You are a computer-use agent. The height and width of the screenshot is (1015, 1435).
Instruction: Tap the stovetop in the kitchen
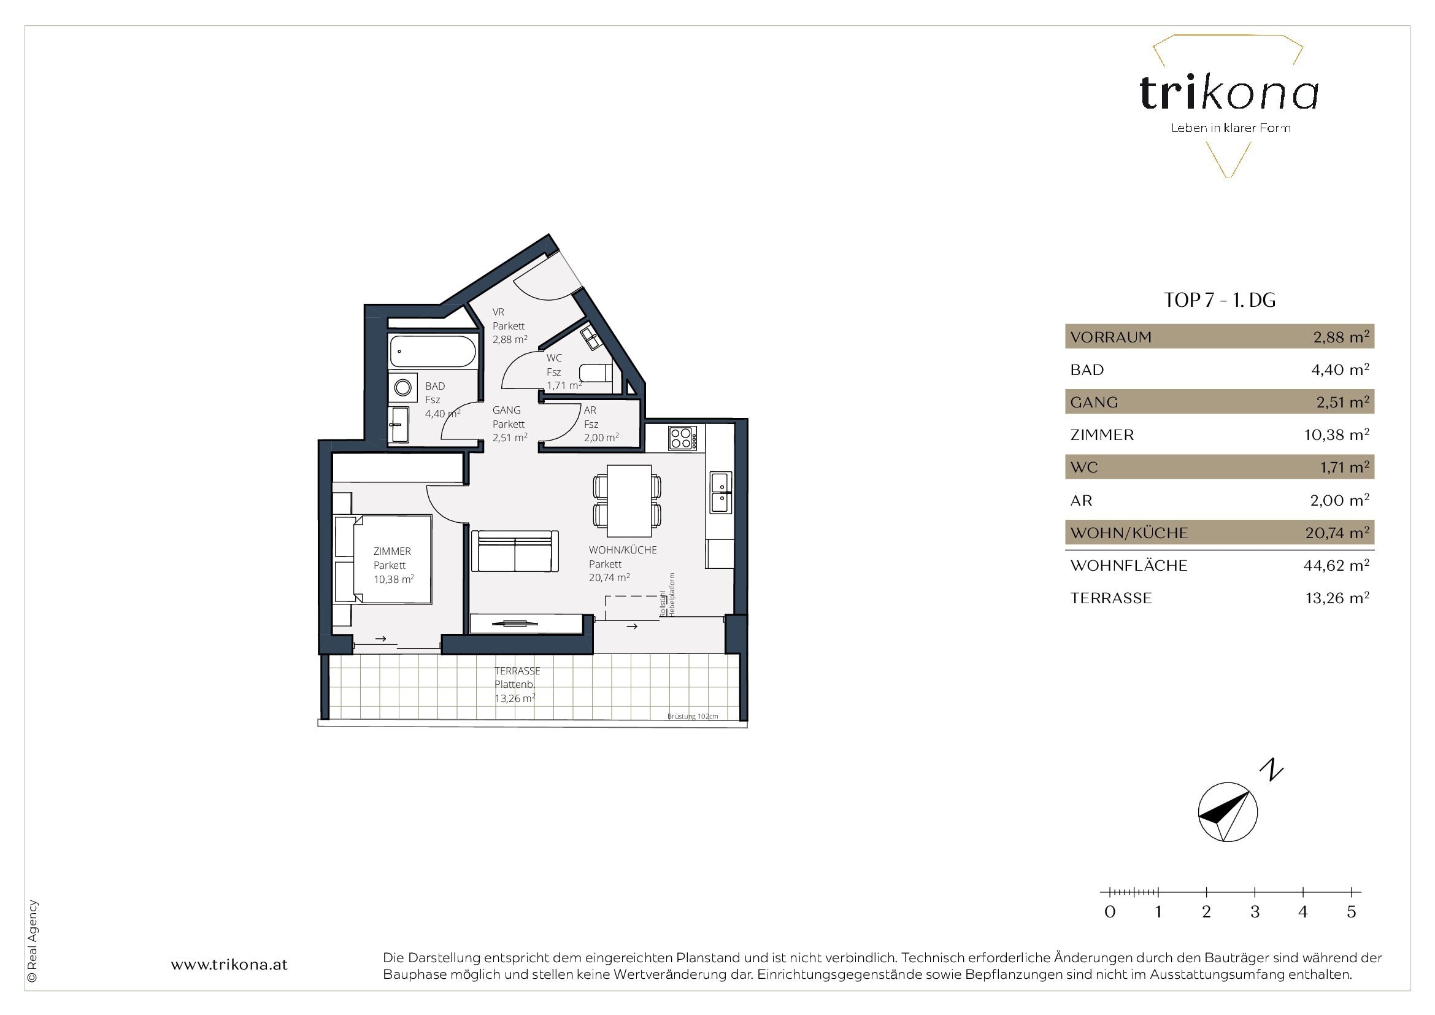click(x=682, y=438)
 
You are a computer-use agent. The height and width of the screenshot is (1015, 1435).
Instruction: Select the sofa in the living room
click(x=514, y=551)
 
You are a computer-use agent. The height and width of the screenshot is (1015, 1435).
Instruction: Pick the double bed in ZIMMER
click(x=383, y=560)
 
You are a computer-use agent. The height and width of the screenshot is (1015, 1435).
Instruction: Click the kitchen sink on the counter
click(x=721, y=493)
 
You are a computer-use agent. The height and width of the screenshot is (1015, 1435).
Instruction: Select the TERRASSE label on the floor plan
click(x=517, y=671)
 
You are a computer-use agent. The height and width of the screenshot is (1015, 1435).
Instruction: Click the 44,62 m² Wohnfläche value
click(x=1336, y=565)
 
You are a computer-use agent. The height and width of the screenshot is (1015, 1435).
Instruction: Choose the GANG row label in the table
click(x=1094, y=403)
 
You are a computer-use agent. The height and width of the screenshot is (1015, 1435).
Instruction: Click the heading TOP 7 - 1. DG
click(x=1220, y=301)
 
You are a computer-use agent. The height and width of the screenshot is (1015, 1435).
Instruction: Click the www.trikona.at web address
click(x=229, y=965)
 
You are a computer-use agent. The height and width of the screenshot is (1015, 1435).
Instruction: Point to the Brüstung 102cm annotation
click(x=693, y=716)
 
